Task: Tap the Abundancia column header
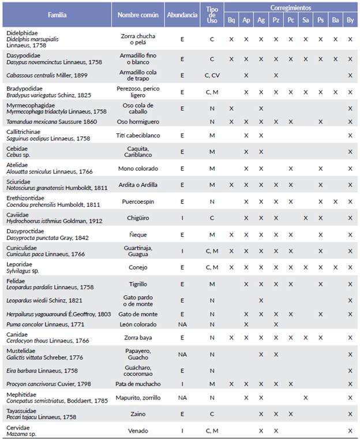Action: tap(182, 14)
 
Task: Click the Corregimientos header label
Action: tap(290, 8)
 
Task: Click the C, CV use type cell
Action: tap(212, 75)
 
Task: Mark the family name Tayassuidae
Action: tap(24, 409)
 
